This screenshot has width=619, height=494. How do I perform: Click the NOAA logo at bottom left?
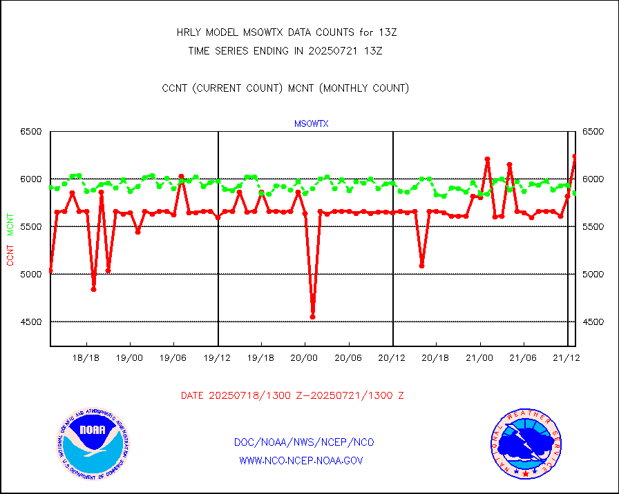pyautogui.click(x=92, y=444)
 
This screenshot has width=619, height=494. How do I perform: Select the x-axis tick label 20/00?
pyautogui.click(x=304, y=358)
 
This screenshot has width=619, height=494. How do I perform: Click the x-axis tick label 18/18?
pyautogui.click(x=87, y=358)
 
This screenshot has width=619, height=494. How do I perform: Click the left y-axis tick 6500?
pyautogui.click(x=30, y=131)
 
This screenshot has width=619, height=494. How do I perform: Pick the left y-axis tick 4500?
pyautogui.click(x=30, y=322)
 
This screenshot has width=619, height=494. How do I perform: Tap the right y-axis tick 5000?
pyautogui.click(x=593, y=274)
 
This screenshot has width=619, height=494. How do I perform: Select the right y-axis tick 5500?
pyautogui.click(x=593, y=226)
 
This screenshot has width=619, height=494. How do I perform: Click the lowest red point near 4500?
pyautogui.click(x=312, y=317)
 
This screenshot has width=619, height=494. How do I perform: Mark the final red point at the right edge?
pyautogui.click(x=575, y=157)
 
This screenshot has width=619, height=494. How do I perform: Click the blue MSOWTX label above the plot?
pyautogui.click(x=311, y=124)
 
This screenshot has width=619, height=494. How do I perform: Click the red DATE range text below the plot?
pyautogui.click(x=292, y=395)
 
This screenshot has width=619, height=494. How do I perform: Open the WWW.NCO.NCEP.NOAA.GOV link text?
pyautogui.click(x=301, y=460)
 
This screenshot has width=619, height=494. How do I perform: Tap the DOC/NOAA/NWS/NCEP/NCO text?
pyautogui.click(x=304, y=442)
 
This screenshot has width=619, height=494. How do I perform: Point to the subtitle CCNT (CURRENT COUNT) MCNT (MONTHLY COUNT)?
pyautogui.click(x=285, y=88)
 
